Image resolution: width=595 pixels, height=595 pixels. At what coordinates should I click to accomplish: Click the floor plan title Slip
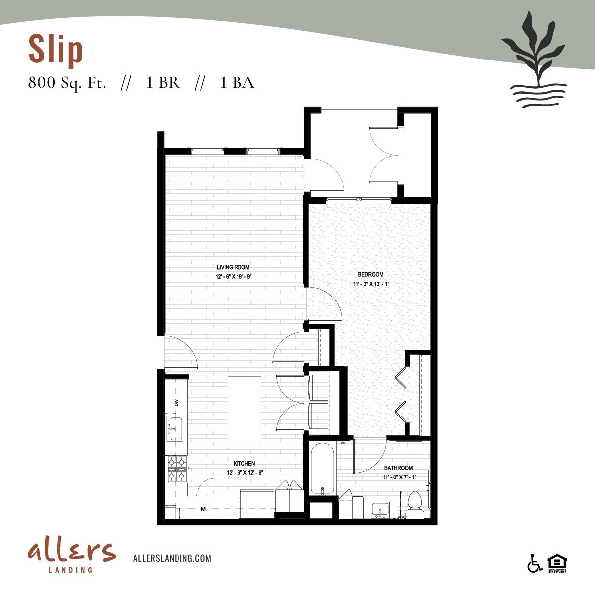[56, 50]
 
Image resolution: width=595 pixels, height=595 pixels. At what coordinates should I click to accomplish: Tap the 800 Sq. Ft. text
[67, 83]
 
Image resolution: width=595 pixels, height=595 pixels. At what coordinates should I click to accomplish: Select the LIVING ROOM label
[237, 267]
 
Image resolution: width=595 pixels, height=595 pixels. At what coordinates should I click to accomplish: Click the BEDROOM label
[371, 274]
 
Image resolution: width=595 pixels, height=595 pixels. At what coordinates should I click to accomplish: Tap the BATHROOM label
[398, 468]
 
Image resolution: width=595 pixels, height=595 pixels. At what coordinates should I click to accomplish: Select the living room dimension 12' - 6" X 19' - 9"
[237, 277]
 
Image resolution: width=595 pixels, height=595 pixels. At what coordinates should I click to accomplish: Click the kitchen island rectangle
[244, 412]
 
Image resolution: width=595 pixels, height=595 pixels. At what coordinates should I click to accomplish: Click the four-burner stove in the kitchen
[177, 469]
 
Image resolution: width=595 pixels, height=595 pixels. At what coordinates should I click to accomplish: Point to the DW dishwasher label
[176, 403]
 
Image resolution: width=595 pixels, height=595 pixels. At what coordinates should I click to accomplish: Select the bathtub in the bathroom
[323, 469]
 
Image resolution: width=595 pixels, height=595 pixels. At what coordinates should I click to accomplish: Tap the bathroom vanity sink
[381, 510]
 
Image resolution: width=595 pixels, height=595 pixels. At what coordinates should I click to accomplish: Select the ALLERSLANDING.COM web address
[173, 558]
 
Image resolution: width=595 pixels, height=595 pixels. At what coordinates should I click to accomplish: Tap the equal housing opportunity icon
[557, 563]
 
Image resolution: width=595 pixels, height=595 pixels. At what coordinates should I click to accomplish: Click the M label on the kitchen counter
[203, 509]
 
